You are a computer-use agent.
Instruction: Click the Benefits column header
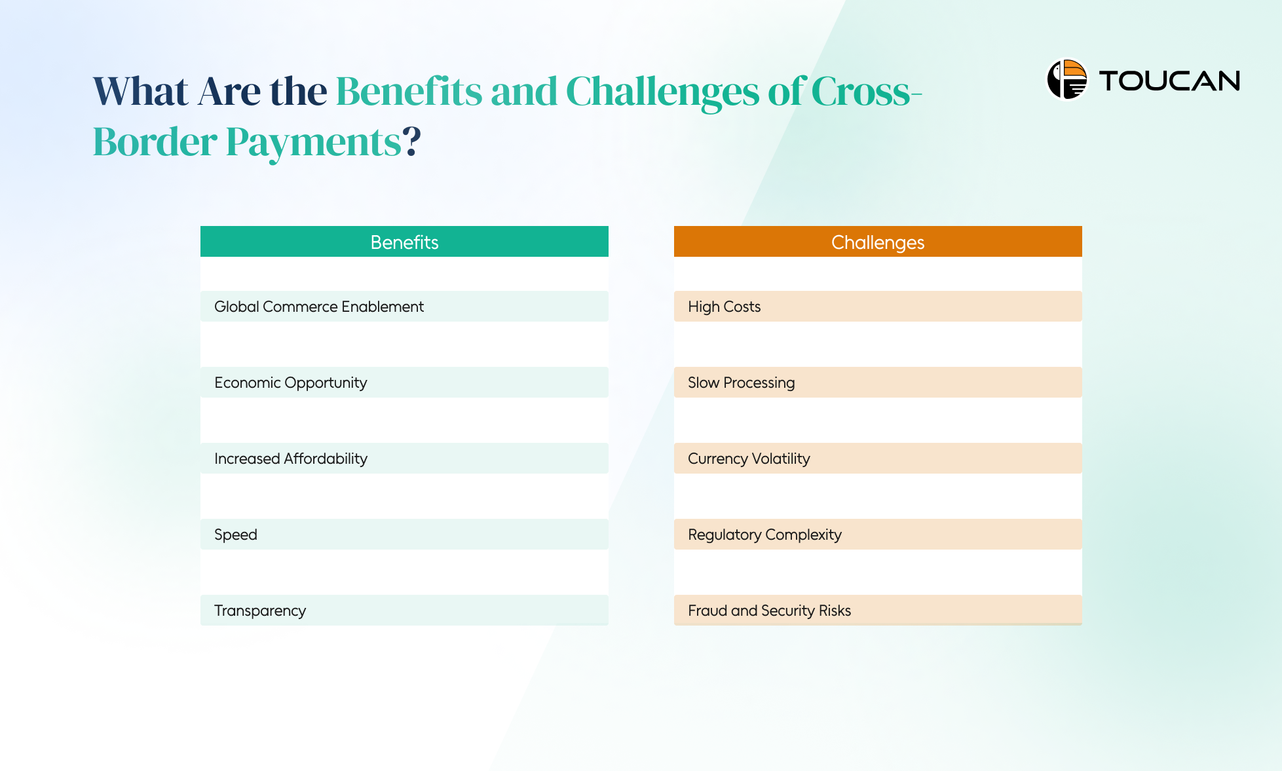point(404,242)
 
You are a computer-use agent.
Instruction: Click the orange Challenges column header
point(877,242)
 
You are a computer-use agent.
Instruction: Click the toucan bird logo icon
point(1066,80)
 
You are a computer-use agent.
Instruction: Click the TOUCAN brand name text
point(1169,81)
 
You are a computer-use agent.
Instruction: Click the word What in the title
point(141,91)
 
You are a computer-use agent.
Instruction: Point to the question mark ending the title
point(411,141)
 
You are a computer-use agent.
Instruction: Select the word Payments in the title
point(313,143)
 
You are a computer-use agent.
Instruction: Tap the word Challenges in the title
point(662,92)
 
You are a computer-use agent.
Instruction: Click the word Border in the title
point(155,141)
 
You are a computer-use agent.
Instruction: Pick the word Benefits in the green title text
point(409,91)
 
